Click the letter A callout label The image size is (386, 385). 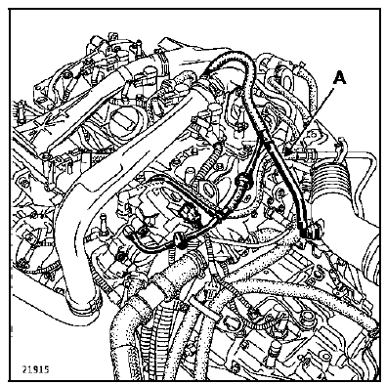pos(339,79)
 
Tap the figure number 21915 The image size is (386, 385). pos(36,370)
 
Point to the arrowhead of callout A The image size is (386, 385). pos(287,150)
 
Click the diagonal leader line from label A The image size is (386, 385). pos(311,120)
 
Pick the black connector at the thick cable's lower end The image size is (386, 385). pos(306,232)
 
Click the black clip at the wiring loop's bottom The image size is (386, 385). pos(179,240)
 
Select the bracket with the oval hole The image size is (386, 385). pos(206,189)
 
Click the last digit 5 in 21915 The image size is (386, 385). pos(47,370)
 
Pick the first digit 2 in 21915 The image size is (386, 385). pos(24,370)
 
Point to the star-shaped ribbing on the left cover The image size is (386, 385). pos(38,130)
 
